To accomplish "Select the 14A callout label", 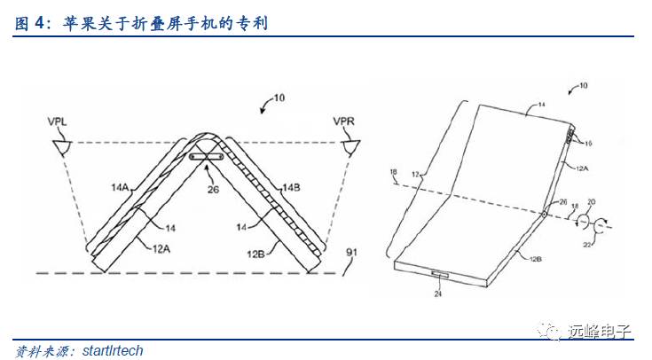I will (x=122, y=186).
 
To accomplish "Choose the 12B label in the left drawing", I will (x=257, y=253).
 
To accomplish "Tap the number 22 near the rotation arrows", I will (x=588, y=247).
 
